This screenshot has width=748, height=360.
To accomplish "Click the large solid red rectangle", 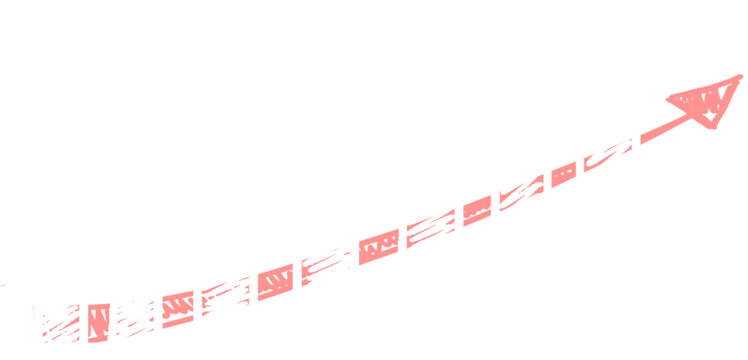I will tap(697, 149).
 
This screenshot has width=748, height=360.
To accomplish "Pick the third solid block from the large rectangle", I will tap(381, 248).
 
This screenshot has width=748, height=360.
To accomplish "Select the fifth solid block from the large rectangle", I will tap(178, 307).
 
